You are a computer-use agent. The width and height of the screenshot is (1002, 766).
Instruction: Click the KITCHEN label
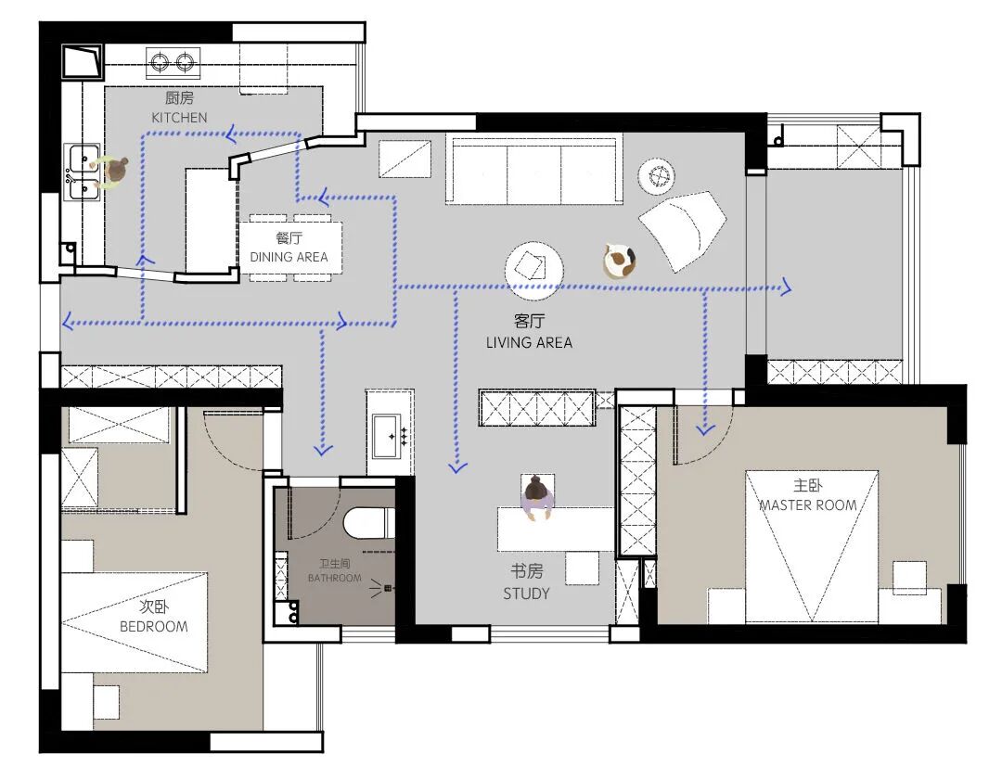(x=180, y=118)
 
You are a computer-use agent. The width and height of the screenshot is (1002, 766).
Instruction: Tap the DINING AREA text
(x=289, y=257)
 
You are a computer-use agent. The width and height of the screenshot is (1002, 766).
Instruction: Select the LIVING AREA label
(x=529, y=343)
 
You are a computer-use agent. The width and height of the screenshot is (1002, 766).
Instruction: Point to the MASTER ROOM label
(x=808, y=505)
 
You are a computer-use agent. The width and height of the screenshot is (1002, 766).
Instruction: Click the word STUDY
(x=526, y=594)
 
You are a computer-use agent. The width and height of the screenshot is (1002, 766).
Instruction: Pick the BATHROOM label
(x=334, y=578)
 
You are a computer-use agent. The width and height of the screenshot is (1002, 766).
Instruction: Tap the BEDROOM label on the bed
(x=154, y=626)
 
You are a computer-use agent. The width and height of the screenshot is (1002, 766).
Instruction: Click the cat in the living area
(x=619, y=261)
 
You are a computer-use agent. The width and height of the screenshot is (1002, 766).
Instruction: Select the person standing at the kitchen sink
(x=112, y=172)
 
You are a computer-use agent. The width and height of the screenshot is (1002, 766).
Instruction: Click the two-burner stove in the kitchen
(x=173, y=63)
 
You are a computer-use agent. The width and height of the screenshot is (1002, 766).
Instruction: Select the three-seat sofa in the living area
(x=533, y=170)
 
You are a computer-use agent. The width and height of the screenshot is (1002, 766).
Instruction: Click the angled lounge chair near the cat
(x=682, y=229)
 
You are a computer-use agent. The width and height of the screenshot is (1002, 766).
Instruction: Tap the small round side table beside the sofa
(x=656, y=175)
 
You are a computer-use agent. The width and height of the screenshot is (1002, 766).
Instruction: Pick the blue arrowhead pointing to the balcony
(x=786, y=288)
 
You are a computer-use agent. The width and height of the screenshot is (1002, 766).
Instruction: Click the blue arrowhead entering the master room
(x=705, y=430)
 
